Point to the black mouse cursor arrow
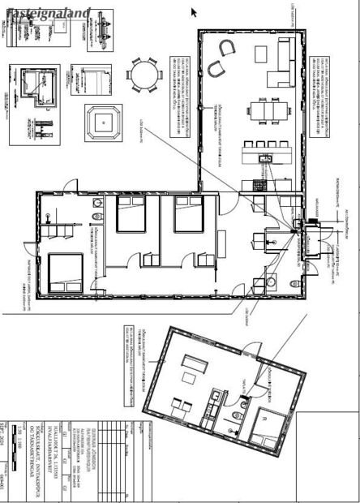pyautogui.click(x=195, y=11)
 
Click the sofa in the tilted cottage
pyautogui.click(x=193, y=360)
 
